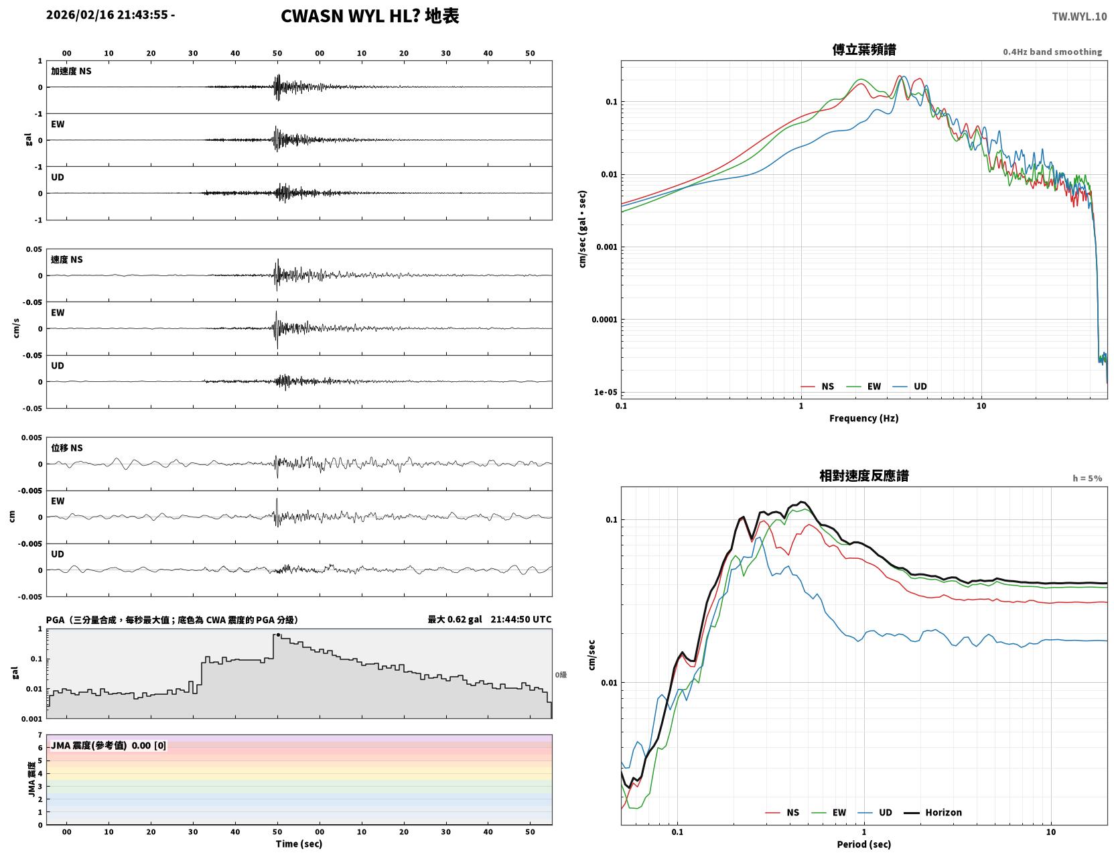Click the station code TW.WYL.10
[1078, 16]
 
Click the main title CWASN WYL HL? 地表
[369, 16]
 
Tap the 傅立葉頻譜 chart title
[863, 50]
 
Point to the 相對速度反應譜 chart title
[863, 476]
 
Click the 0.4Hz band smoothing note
[1052, 52]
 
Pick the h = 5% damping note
[1087, 478]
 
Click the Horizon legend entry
[932, 812]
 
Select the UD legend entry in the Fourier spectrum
[910, 387]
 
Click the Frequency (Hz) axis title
[863, 418]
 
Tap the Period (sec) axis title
[863, 844]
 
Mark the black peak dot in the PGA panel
[278, 635]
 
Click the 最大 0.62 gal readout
[454, 619]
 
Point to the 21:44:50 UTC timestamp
[521, 619]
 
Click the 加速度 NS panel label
[71, 71]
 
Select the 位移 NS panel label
[66, 448]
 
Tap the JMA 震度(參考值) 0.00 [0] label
[108, 745]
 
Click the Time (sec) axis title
[299, 844]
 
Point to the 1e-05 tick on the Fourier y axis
[606, 393]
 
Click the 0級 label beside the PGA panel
[560, 675]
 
